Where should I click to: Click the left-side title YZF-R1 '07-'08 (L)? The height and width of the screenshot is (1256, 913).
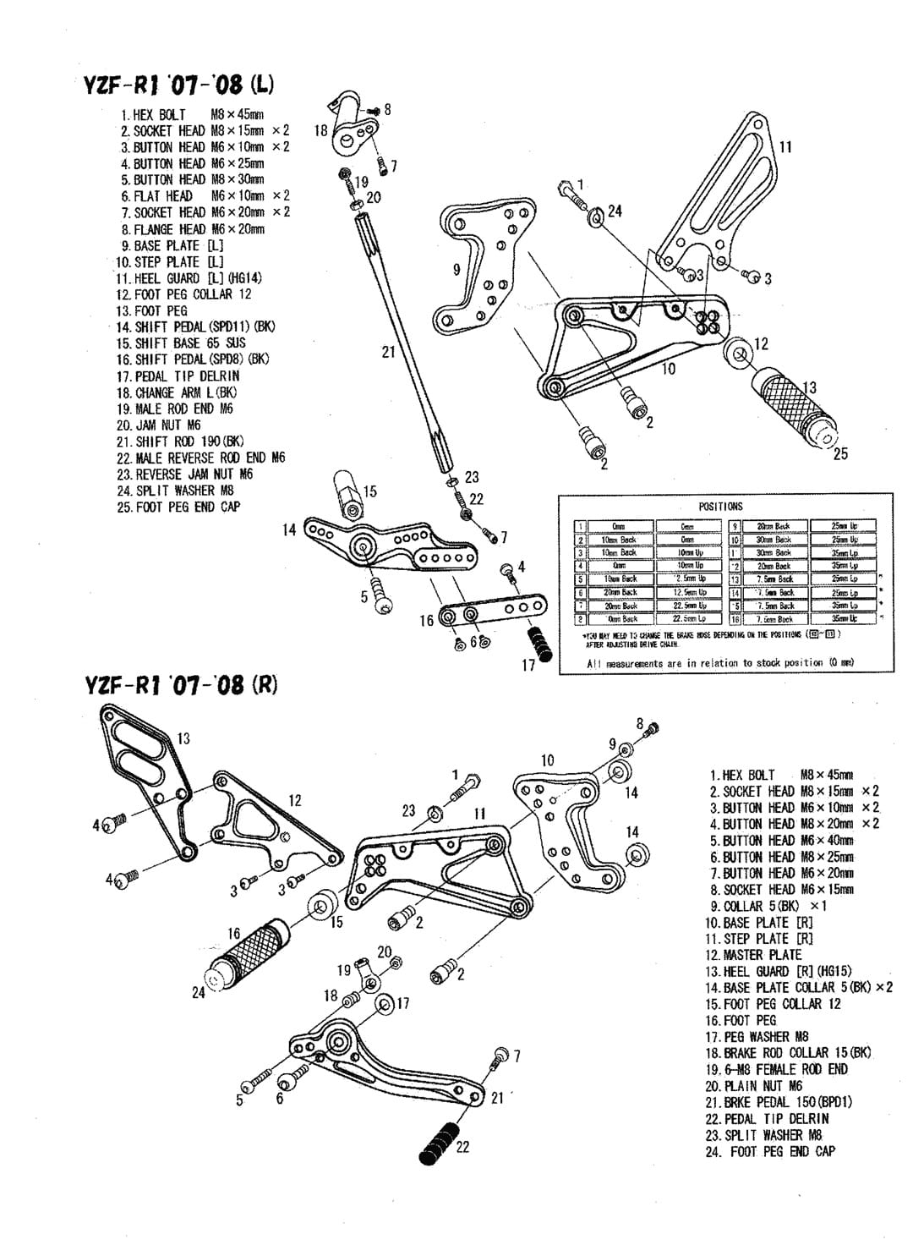(x=178, y=85)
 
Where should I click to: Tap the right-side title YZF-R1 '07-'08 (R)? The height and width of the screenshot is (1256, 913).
(x=181, y=684)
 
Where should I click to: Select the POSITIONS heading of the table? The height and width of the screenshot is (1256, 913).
(x=720, y=506)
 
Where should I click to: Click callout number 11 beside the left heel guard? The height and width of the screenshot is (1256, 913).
(x=785, y=147)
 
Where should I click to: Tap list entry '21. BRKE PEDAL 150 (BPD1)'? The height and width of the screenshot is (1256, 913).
(x=779, y=1102)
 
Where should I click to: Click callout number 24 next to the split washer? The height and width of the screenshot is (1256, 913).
(x=615, y=211)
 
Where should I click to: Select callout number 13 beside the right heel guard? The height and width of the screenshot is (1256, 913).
(x=183, y=738)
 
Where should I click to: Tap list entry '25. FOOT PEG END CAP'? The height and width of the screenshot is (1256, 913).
(x=178, y=507)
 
